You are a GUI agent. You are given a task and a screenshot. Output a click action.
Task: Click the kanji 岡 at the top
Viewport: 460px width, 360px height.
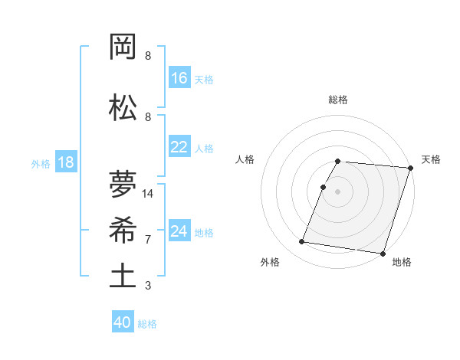(123, 48)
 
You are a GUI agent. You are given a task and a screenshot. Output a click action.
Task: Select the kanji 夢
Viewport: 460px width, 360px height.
(123, 184)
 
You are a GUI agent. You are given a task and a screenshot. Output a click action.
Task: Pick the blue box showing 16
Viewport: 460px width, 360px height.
(179, 78)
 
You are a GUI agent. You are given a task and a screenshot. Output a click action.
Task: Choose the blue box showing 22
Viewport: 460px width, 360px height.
(179, 147)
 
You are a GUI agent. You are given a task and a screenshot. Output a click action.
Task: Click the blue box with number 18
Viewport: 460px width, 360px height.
(65, 163)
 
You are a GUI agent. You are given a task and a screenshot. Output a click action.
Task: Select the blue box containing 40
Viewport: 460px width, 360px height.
(123, 322)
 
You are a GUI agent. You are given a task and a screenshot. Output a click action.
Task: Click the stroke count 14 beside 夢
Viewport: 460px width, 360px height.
(149, 194)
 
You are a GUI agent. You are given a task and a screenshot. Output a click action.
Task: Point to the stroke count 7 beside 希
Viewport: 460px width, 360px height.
(148, 239)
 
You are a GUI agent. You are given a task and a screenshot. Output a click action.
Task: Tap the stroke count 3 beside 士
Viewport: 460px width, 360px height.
(148, 286)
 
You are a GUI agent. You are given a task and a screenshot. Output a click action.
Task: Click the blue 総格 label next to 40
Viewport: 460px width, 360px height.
(147, 324)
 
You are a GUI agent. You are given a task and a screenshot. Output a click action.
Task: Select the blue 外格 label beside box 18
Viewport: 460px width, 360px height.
(41, 164)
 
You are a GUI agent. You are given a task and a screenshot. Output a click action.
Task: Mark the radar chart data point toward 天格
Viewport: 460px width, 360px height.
(410, 169)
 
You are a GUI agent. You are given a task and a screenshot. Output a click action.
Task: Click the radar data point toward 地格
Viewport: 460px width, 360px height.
(382, 253)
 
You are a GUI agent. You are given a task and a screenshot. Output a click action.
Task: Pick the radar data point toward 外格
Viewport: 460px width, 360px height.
(301, 242)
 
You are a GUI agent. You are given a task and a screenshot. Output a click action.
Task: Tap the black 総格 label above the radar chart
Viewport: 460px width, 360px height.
(338, 100)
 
